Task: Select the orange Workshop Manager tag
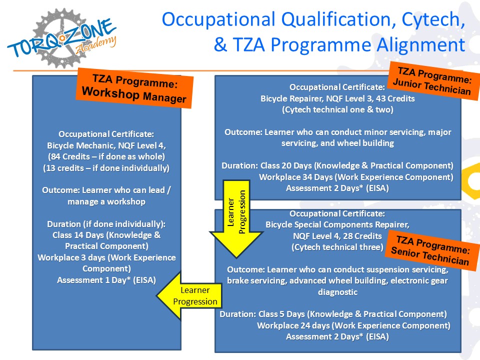click(x=134, y=88)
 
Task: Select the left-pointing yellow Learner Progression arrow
click(x=189, y=295)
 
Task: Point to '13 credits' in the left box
click(x=64, y=168)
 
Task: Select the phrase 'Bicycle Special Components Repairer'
click(x=337, y=224)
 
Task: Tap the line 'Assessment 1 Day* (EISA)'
click(x=106, y=280)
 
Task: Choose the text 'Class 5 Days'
click(x=281, y=314)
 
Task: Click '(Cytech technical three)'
click(x=337, y=247)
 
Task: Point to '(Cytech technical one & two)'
click(x=337, y=109)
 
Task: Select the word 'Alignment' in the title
click(x=421, y=45)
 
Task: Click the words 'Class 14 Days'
click(x=78, y=235)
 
